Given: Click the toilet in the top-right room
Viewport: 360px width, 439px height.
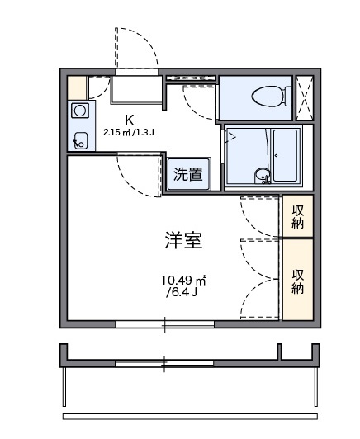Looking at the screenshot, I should tap(265, 95).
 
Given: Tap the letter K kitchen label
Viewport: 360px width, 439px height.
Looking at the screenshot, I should tap(130, 119).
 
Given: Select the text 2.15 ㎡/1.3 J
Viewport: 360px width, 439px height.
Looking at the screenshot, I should tap(130, 132).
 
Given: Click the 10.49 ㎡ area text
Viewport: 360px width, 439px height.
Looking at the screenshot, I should tap(182, 281).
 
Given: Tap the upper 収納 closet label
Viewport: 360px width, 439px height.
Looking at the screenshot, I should tap(297, 215).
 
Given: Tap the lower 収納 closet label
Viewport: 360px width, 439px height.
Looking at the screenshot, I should tap(297, 281).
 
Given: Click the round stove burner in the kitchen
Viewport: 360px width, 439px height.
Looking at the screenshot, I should tap(80, 111).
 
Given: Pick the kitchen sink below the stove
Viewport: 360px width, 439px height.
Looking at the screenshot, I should tap(80, 139).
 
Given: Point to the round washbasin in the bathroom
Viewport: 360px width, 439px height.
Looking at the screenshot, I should tap(262, 174).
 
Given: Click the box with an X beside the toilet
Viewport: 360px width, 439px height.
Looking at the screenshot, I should tap(305, 97).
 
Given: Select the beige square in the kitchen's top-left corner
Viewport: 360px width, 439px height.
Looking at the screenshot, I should tap(77, 86).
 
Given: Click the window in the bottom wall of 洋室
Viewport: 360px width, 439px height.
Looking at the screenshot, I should tap(164, 323).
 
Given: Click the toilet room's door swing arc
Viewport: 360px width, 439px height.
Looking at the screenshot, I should tap(198, 103).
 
